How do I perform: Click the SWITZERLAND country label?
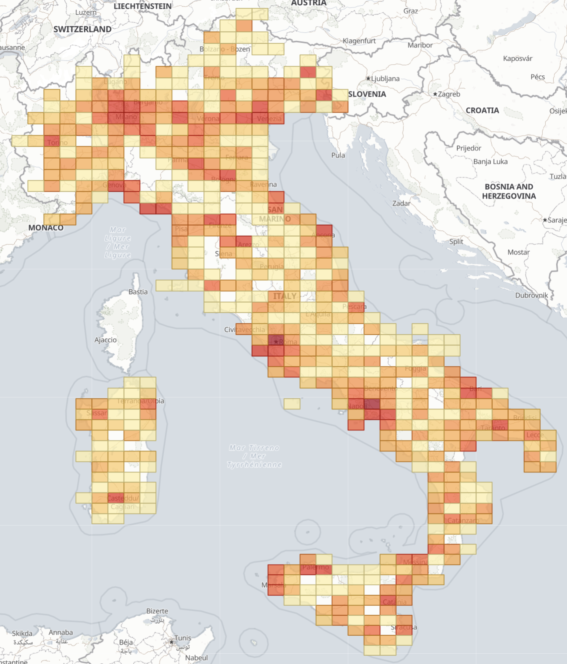pos(82,29)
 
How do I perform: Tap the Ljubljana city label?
pos(385,78)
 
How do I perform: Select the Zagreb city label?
pos(449,94)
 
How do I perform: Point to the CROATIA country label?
pos(482,110)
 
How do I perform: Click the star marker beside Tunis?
pos(171,642)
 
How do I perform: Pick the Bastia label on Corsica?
pos(138,292)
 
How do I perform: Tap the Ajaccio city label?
pos(105,340)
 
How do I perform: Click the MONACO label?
pos(46,228)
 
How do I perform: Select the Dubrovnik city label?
pos(531,295)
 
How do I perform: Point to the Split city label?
pos(456,242)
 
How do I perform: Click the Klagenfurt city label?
pos(359,41)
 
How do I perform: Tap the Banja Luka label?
pos(490,161)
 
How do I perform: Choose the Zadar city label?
pos(401,203)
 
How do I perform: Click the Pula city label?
pos(338,155)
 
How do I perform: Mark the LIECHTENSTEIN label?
pos(142,6)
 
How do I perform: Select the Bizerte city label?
pos(157,611)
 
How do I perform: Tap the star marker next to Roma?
pos(276,342)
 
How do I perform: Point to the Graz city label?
pos(410,11)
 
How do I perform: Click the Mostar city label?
pos(518,252)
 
